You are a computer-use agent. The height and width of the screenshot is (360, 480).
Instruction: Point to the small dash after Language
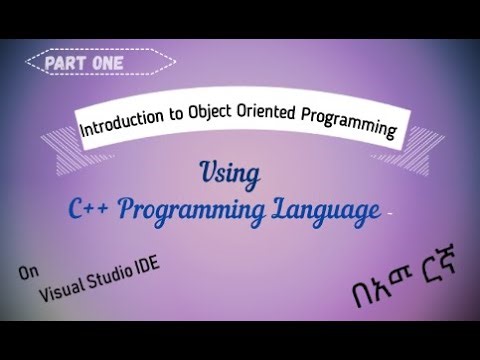tap(386, 211)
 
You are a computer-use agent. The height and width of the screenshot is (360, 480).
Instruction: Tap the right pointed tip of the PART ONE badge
tap(175, 63)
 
